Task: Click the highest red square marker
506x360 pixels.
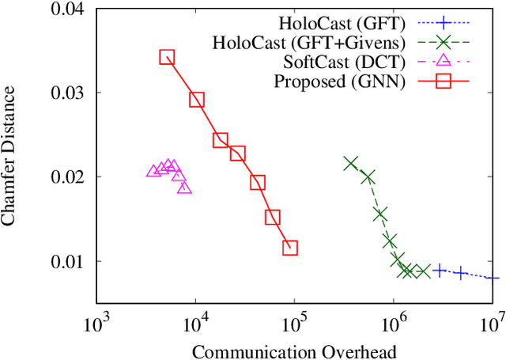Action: pos(167,57)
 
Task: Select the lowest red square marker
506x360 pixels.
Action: pos(290,248)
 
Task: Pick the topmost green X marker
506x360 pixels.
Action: pos(351,163)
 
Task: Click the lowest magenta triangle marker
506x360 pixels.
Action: pos(184,188)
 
